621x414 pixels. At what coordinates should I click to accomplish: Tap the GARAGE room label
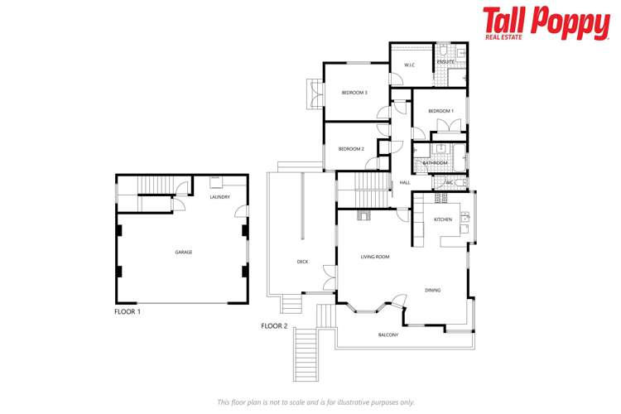pos(183,252)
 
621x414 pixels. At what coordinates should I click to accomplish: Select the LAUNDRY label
pos(219,197)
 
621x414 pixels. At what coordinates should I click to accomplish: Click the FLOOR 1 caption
pos(128,311)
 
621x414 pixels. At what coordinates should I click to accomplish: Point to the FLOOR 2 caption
pos(274,326)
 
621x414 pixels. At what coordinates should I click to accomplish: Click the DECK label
pos(302,262)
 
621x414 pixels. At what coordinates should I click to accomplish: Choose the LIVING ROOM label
pos(374,257)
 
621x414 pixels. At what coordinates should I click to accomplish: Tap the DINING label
pos(432,290)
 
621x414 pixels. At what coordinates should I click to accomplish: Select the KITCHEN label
pos(443,219)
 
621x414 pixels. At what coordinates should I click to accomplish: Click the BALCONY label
pos(388,335)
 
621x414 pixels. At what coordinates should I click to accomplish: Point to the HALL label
pos(405,182)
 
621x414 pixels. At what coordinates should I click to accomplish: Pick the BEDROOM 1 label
pos(440,111)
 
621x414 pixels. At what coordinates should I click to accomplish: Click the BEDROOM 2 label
pos(351,149)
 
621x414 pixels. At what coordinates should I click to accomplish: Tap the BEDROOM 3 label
pos(354,93)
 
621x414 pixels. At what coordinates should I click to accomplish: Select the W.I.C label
pos(409,65)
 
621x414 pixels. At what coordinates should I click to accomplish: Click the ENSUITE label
pos(445,62)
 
